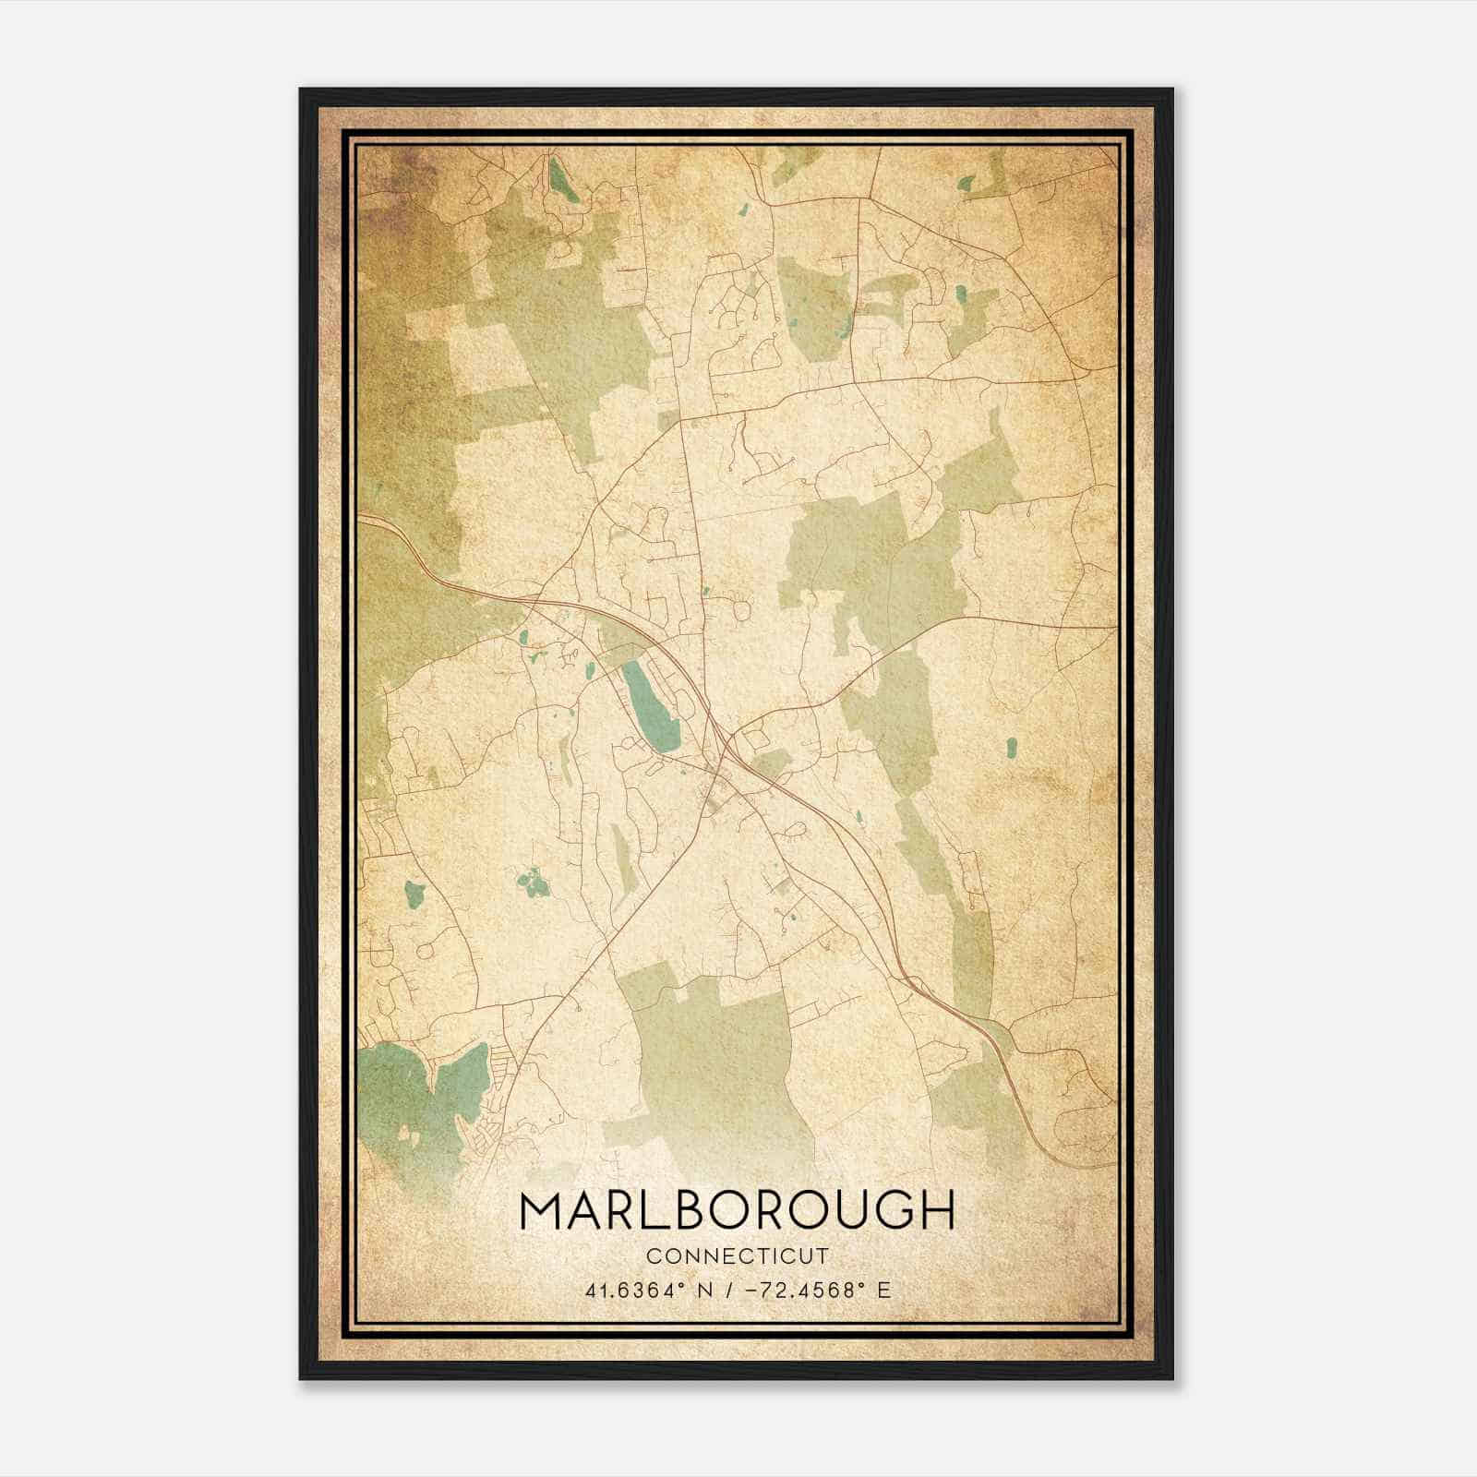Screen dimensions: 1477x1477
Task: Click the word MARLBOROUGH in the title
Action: (x=737, y=1209)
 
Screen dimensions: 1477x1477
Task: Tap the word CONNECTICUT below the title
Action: (x=738, y=1256)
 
